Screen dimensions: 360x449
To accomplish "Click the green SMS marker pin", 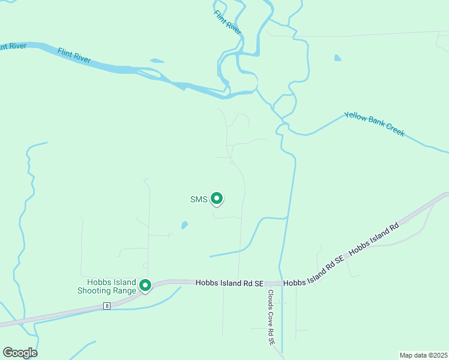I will (217, 198).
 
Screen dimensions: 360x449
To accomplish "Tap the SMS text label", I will (199, 199).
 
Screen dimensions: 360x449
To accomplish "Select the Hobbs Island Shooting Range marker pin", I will (145, 285).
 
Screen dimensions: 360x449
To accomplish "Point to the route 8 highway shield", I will (107, 306).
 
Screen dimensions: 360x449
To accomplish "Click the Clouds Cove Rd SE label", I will (271, 317).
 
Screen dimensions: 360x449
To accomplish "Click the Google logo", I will (20, 353).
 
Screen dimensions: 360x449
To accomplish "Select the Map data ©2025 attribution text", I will (423, 355).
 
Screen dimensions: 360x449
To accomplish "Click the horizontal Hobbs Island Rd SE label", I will (230, 283).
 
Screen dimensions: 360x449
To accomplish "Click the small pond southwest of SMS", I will (184, 226).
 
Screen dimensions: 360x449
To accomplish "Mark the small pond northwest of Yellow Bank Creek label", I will (337, 58).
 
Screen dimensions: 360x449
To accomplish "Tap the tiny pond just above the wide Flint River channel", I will (157, 61).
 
